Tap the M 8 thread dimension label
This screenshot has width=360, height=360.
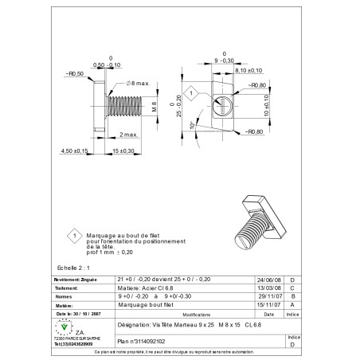(x=154, y=108)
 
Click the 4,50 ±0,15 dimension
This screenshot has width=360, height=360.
(x=72, y=151)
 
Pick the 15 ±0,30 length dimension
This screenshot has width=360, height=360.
(x=121, y=151)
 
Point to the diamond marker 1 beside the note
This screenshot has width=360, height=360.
(x=73, y=236)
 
